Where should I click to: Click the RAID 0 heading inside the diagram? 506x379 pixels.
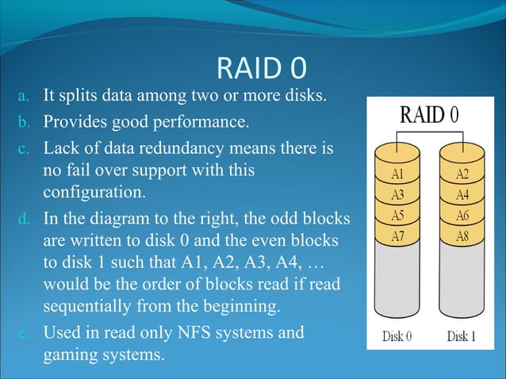[x=429, y=114]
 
